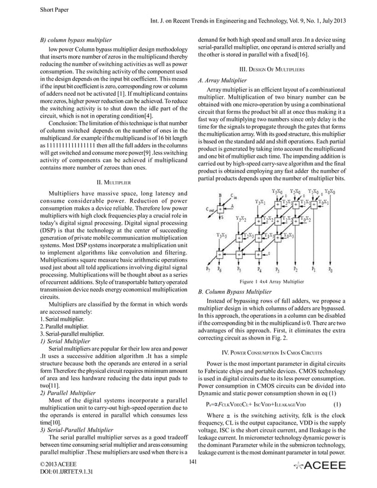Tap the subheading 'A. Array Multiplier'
click(222, 80)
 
